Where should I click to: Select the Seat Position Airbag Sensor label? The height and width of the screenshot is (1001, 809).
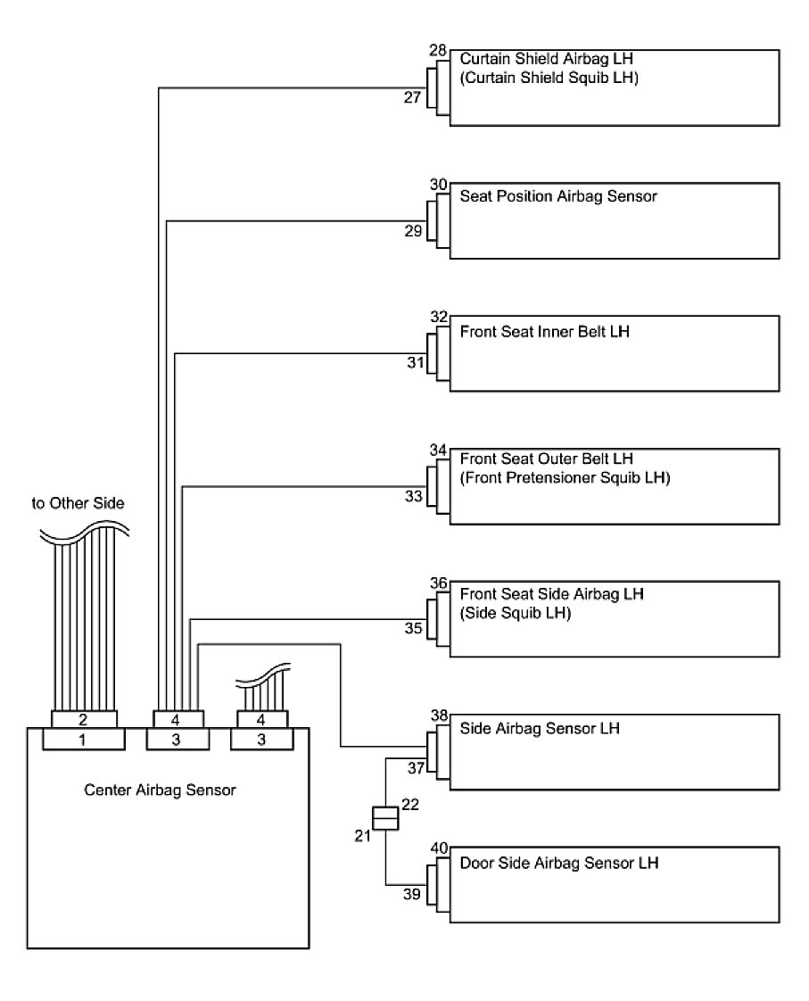coord(558,195)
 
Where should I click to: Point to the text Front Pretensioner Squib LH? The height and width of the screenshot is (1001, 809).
coord(565,477)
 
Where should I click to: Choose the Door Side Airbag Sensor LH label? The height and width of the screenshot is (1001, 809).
coord(559,863)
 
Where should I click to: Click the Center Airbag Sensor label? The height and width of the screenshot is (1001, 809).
coord(160,790)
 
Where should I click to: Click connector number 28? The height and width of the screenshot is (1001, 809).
coord(437,52)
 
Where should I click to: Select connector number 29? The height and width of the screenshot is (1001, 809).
coord(413,231)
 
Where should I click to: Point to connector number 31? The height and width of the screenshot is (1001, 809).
coord(413,362)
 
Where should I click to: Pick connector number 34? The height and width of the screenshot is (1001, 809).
coord(437,450)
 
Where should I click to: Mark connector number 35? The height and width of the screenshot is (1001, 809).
coord(413,628)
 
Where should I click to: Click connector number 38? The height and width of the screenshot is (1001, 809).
coord(438,716)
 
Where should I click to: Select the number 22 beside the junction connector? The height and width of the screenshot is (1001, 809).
coord(410,805)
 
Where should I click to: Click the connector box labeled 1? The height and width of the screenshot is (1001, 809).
coord(84,739)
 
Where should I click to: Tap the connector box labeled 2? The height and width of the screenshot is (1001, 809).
coord(84,719)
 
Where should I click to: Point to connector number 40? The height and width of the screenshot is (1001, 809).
coord(438,848)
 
